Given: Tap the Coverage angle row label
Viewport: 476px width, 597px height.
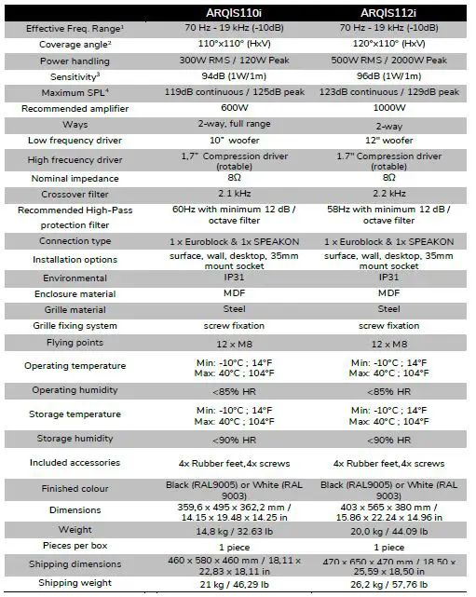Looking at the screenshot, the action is click(x=75, y=44).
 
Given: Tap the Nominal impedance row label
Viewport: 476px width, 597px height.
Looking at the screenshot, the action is click(x=75, y=177).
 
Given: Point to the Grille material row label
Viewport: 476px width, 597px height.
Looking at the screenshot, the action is click(x=75, y=309).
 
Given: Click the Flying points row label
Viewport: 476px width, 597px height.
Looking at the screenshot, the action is click(x=75, y=343).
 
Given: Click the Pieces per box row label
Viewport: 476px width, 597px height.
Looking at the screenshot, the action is click(x=75, y=547).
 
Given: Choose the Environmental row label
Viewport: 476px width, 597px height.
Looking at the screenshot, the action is click(x=75, y=278).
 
